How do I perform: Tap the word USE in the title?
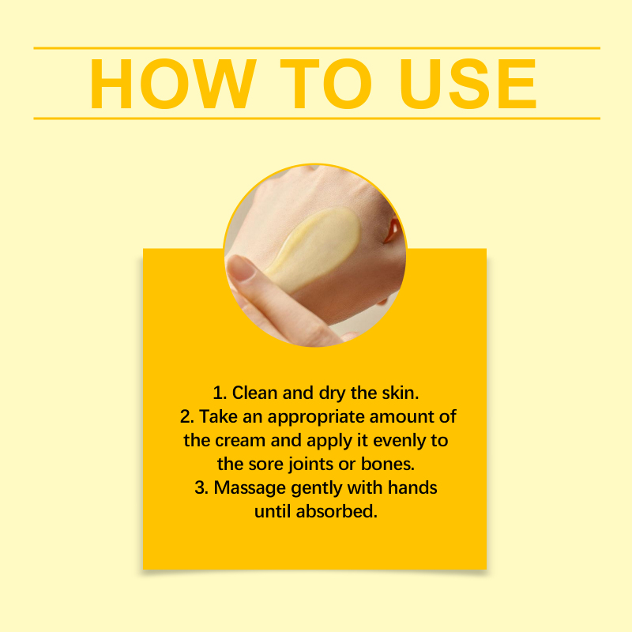click(468, 84)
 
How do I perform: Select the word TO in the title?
click(325, 84)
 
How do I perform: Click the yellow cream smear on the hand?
click(314, 248)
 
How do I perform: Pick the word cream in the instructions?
click(240, 441)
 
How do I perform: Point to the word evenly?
click(399, 442)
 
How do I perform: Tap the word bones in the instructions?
click(388, 464)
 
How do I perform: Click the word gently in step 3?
click(317, 489)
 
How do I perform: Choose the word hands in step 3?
click(412, 487)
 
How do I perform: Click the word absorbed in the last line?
click(337, 511)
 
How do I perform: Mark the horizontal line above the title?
click(317, 48)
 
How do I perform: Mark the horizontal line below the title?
click(317, 118)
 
